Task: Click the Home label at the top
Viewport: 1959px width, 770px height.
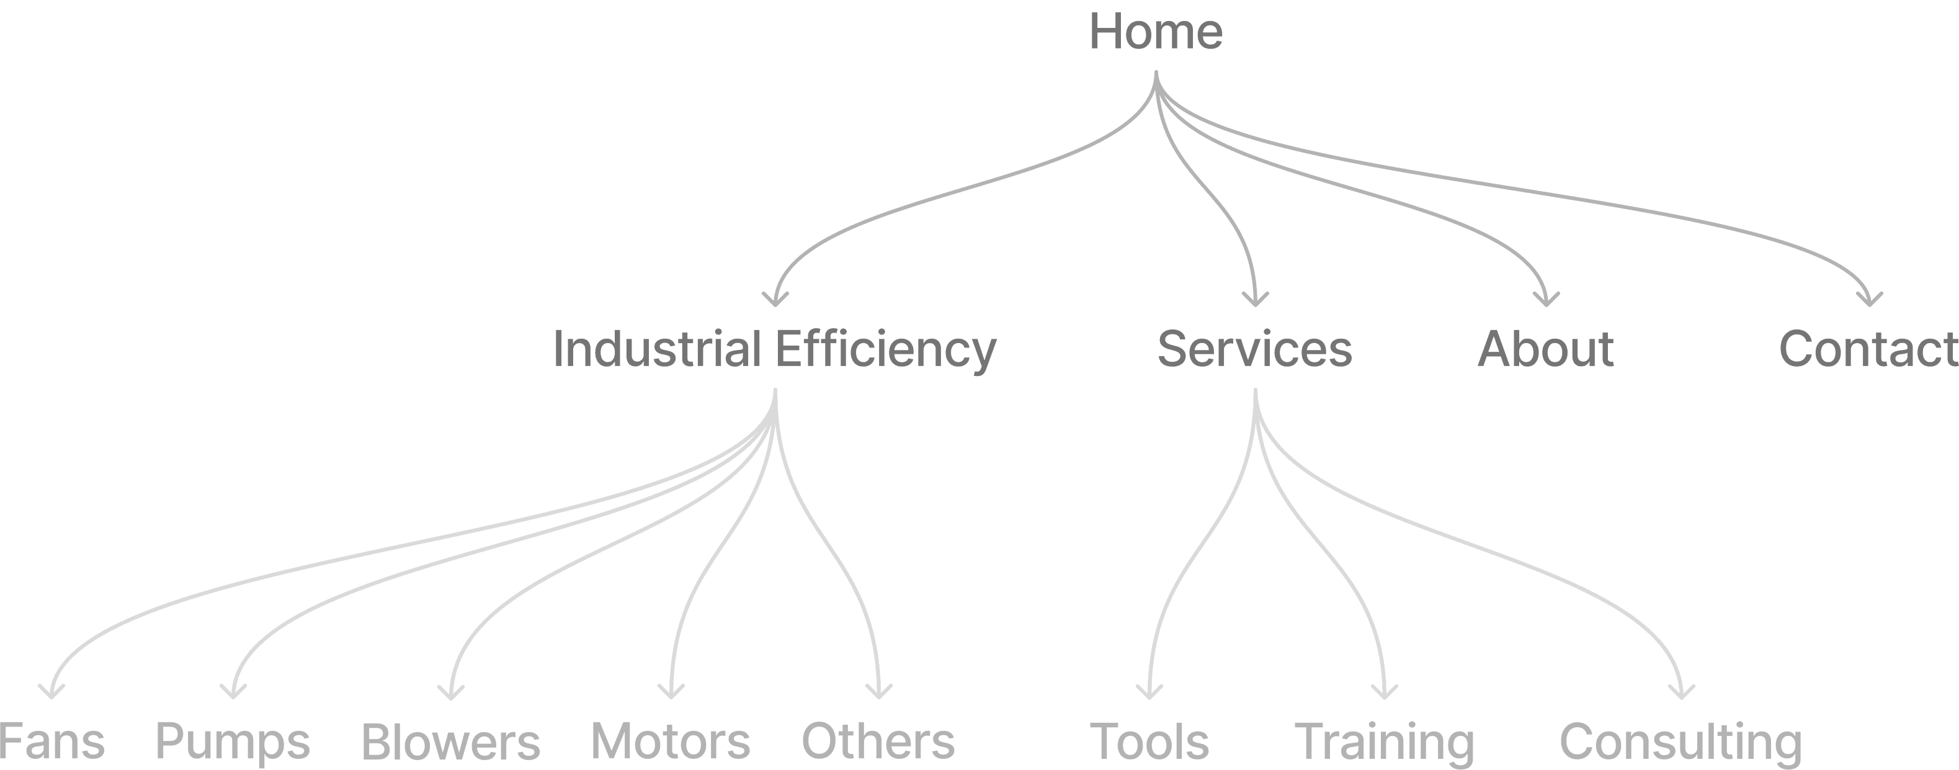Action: [1156, 32]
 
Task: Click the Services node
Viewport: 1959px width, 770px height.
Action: [1254, 349]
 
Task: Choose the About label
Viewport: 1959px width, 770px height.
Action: [1545, 349]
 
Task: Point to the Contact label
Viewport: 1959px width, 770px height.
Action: [1868, 349]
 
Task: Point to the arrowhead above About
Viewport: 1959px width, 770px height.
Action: [1546, 300]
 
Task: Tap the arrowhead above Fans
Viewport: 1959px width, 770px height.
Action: [51, 692]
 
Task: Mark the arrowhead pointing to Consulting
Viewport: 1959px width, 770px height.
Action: [1682, 692]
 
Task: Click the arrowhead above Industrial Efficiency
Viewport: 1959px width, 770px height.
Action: [775, 300]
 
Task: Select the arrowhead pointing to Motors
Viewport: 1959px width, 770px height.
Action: [671, 692]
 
